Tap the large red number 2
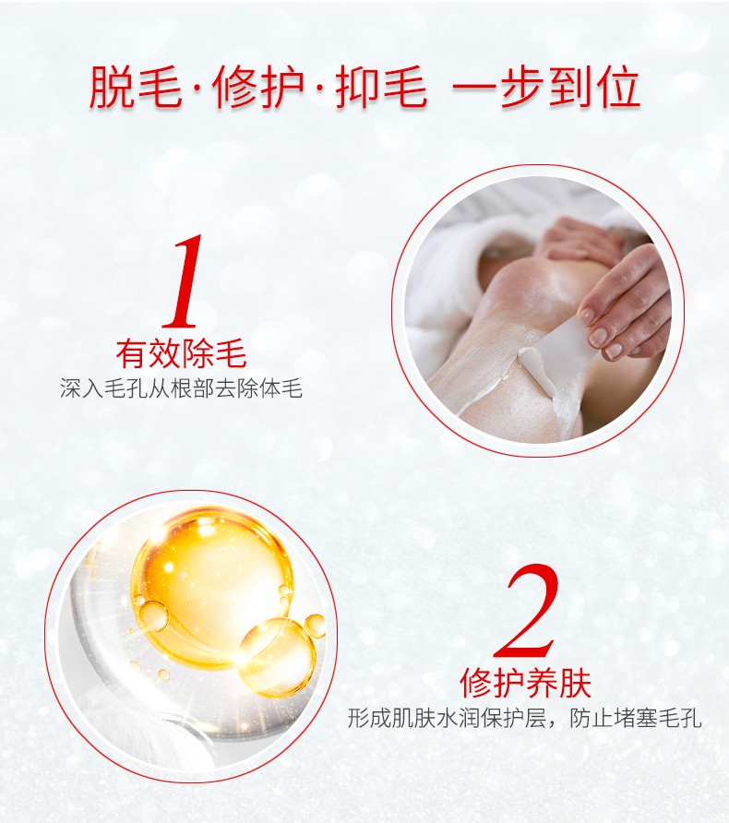pyautogui.click(x=525, y=609)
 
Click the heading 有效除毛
pyautogui.click(x=181, y=354)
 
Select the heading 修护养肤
pyautogui.click(x=525, y=683)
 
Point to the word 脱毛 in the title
pyautogui.click(x=136, y=87)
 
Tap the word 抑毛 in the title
pyautogui.click(x=381, y=87)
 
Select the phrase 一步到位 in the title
pyautogui.click(x=546, y=87)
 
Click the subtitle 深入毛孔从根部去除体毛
pyautogui.click(x=181, y=389)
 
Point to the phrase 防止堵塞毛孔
pyautogui.click(x=636, y=719)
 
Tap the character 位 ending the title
pyautogui.click(x=617, y=87)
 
